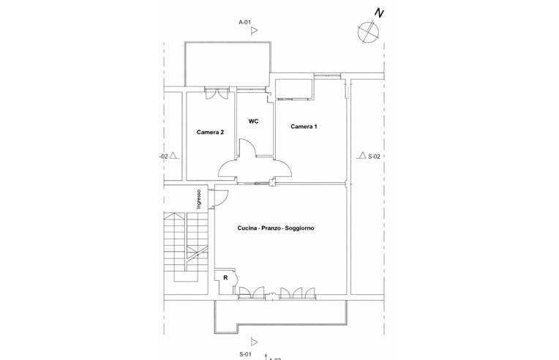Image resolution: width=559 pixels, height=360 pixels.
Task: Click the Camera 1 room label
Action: [x=304, y=127]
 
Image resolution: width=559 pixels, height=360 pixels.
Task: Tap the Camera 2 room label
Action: [x=210, y=132]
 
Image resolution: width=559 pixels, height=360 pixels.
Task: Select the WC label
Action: [x=253, y=121]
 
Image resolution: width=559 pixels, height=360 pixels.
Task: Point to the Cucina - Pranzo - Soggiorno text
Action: [x=276, y=228]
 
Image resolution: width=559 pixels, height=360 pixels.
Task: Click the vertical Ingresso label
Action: [x=199, y=199]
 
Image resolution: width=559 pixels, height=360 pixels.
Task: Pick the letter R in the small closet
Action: [x=225, y=278]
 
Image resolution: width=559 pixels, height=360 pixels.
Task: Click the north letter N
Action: [x=379, y=13]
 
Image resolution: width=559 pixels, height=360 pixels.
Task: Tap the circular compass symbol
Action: [x=368, y=31]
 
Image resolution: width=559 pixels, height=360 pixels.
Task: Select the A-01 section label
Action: [x=244, y=22]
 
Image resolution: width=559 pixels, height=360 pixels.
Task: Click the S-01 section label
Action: [x=246, y=354]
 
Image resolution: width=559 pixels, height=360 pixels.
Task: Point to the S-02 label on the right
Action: [x=375, y=157]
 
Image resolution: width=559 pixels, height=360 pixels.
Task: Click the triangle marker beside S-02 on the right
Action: [x=362, y=155]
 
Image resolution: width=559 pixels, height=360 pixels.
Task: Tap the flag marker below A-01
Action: [x=254, y=31]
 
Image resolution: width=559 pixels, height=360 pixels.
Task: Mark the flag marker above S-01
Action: [x=254, y=342]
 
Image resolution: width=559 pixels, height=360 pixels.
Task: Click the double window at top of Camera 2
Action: [x=217, y=94]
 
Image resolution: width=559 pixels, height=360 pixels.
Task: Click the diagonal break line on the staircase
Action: [x=196, y=254]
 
